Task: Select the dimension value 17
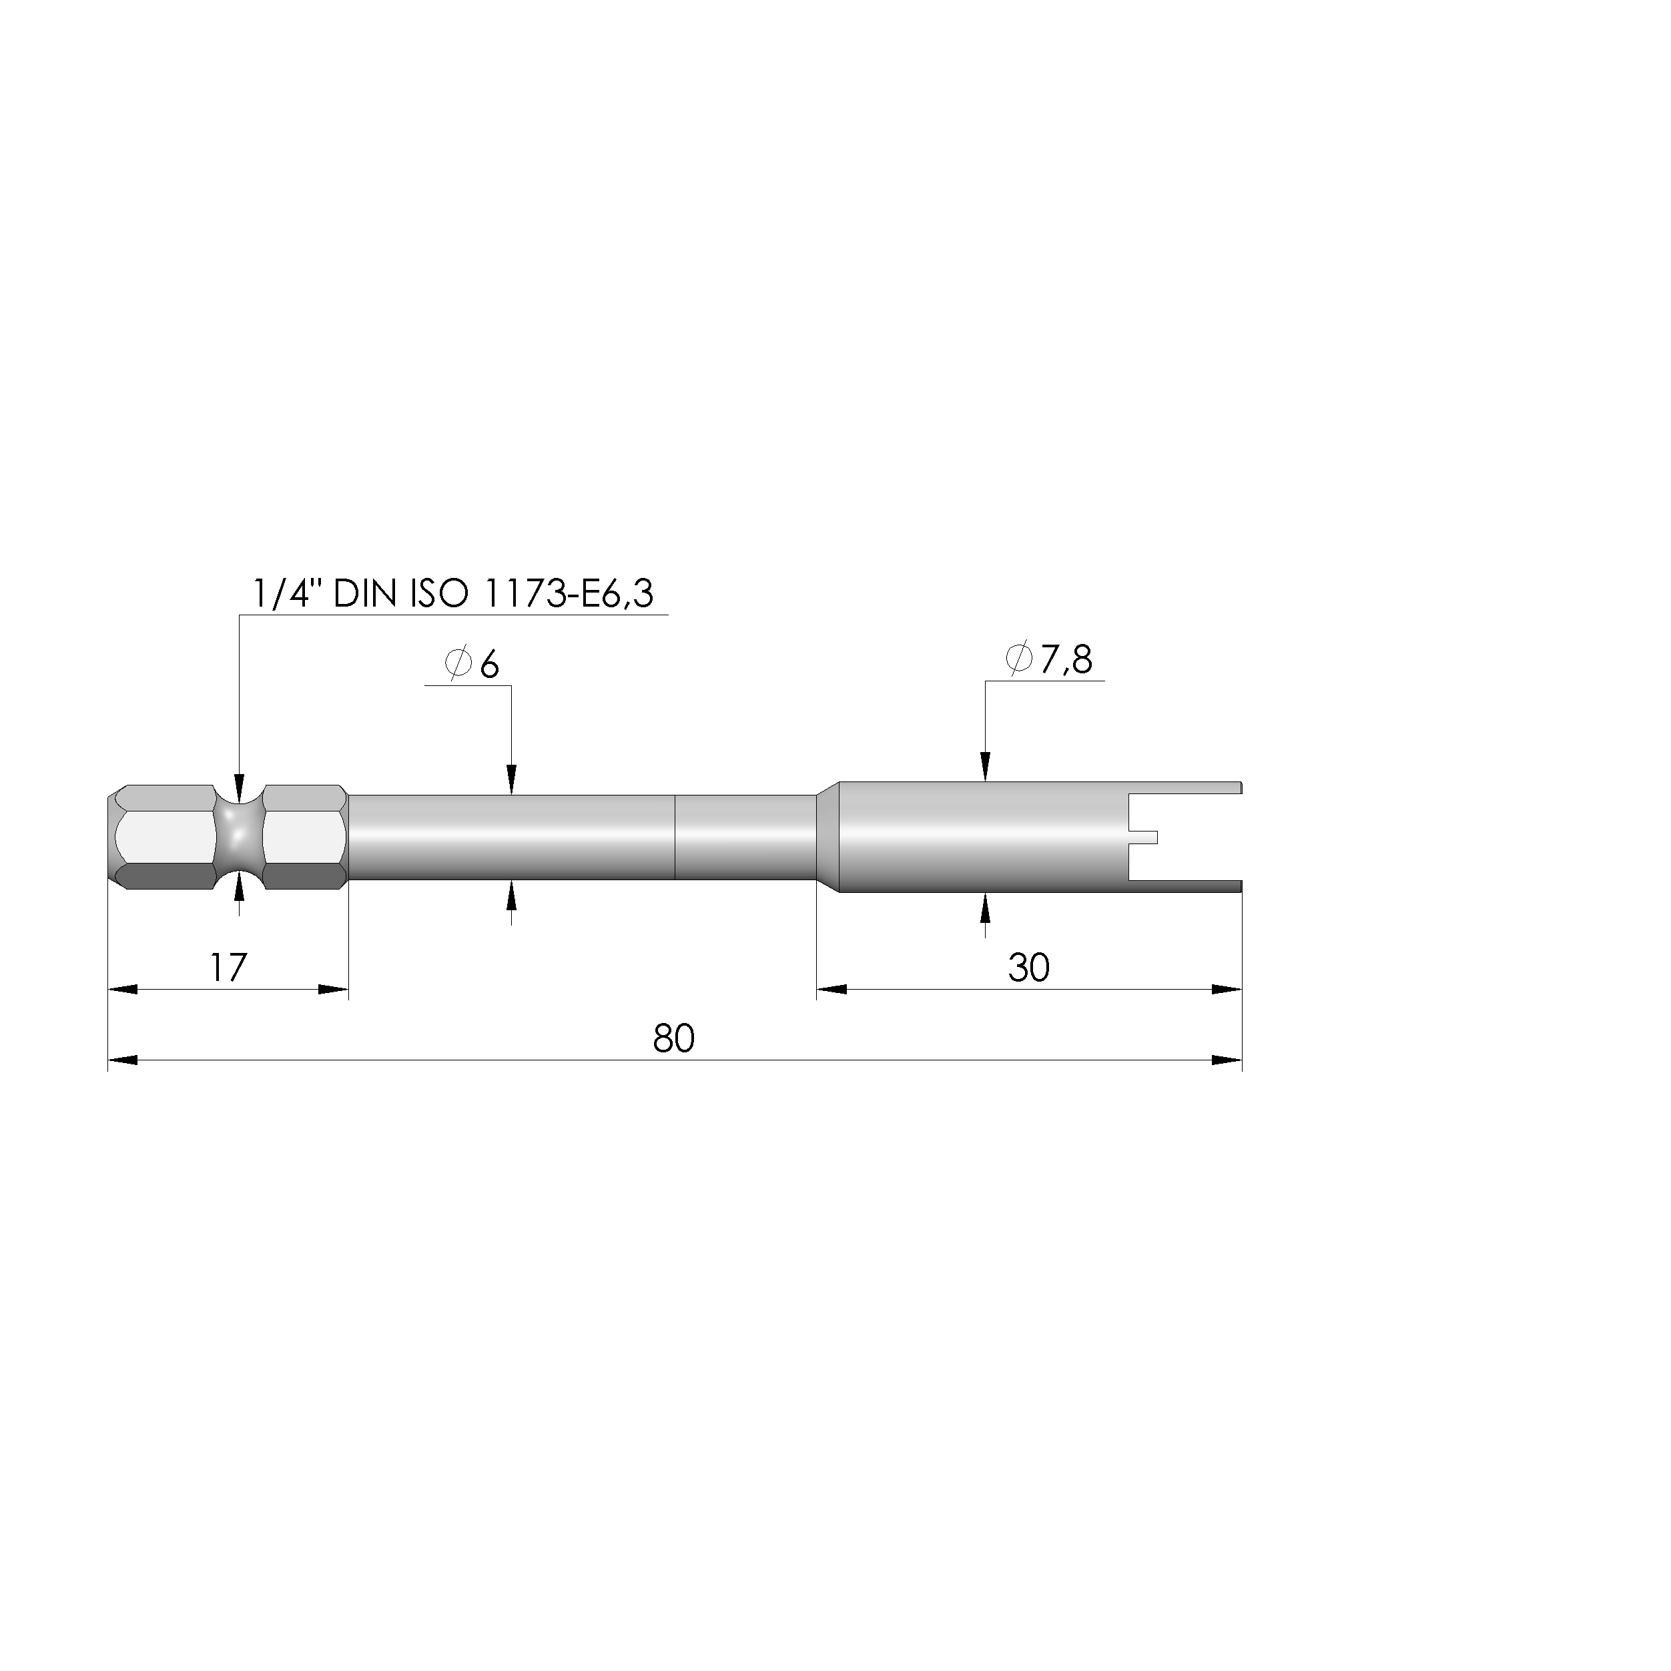coord(228,967)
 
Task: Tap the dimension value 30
coord(1028,968)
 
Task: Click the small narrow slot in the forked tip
coord(1143,836)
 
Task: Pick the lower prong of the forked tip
coord(1185,886)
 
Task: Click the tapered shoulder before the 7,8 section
coord(827,836)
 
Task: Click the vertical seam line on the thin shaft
coord(675,836)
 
